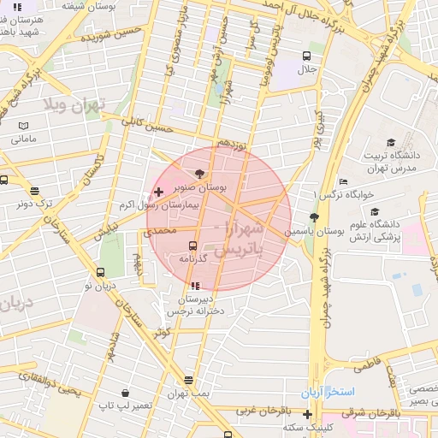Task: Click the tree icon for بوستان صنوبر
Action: (198, 173)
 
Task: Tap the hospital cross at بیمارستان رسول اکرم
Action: (158, 192)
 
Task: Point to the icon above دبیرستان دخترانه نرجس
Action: (195, 286)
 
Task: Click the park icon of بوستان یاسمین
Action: (314, 217)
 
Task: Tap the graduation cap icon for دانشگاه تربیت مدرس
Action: (391, 143)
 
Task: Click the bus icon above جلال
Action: (306, 55)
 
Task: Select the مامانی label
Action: (25, 138)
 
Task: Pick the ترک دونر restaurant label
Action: (34, 204)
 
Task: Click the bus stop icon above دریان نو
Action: (101, 273)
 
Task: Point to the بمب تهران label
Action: (188, 392)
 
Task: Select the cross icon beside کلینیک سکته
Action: (307, 414)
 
